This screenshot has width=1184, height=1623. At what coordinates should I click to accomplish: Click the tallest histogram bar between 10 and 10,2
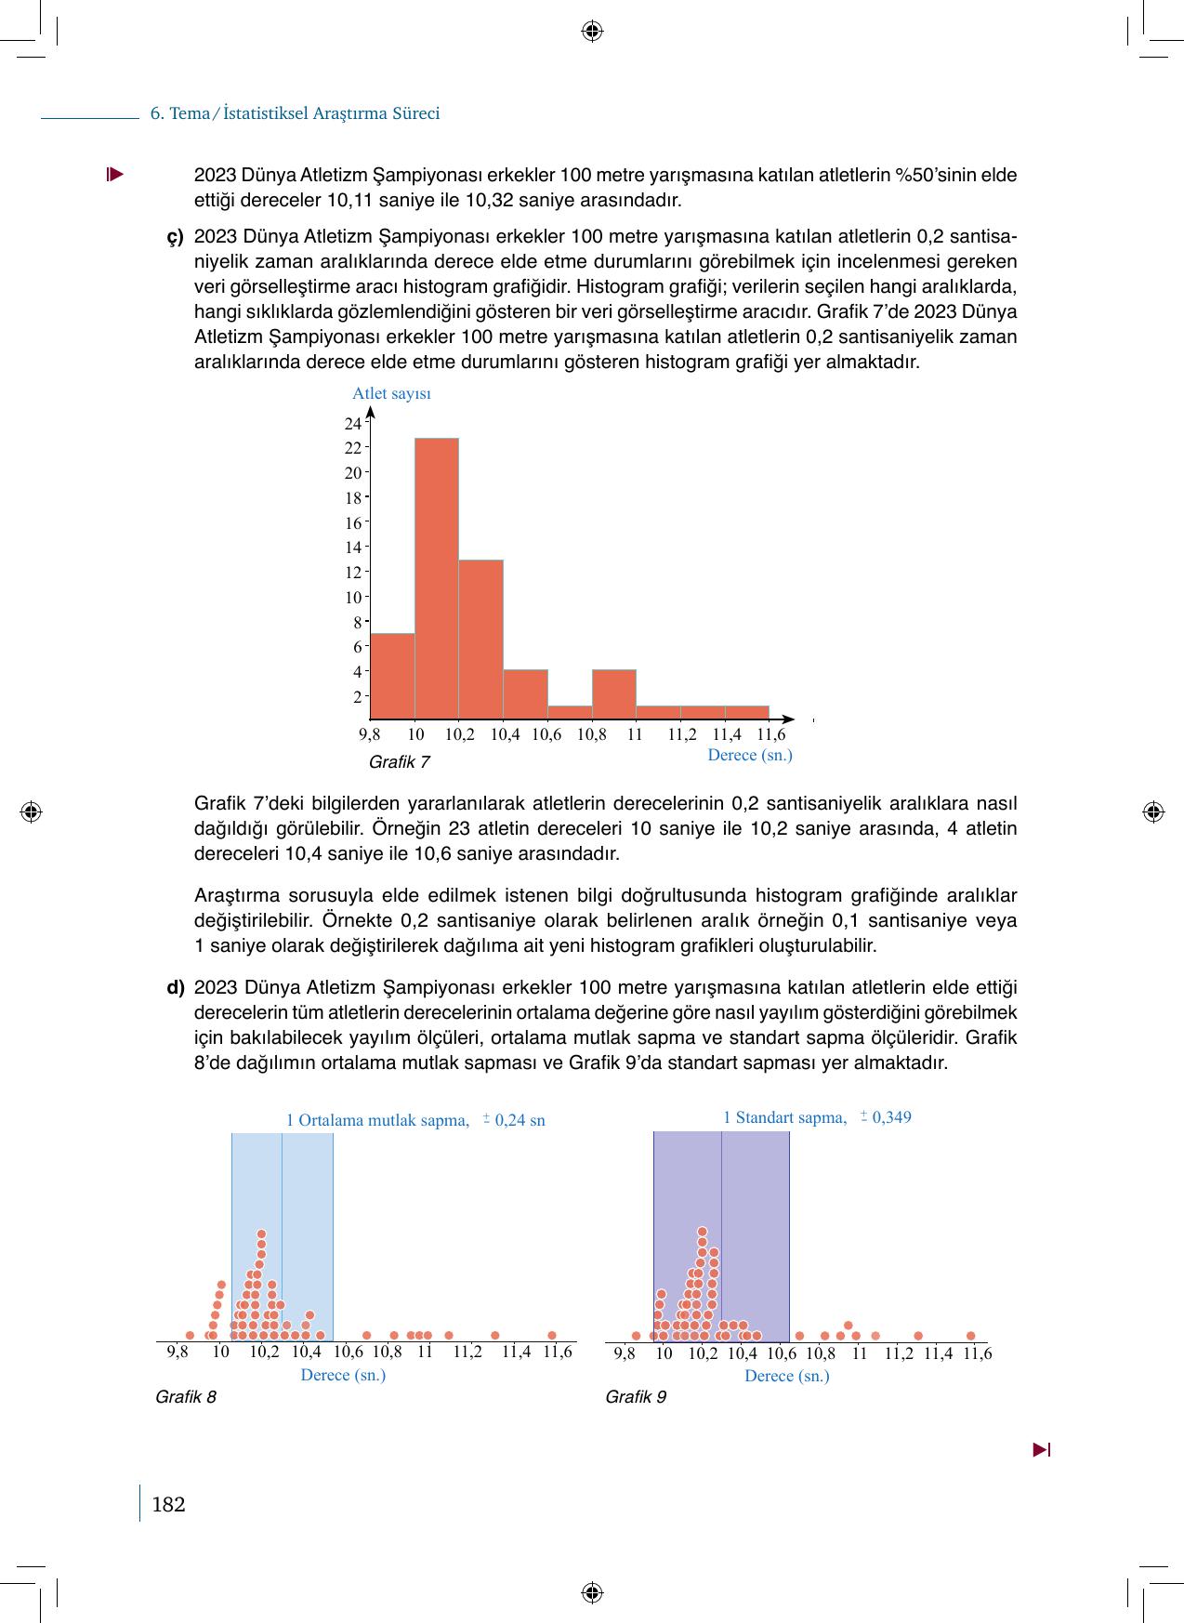point(436,576)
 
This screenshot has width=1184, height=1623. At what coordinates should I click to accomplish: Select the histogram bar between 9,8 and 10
point(392,676)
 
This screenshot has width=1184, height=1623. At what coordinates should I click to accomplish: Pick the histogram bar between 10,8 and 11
point(613,693)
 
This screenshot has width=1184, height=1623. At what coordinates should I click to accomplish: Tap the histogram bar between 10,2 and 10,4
point(480,639)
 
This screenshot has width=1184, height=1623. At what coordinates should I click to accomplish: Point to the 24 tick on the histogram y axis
point(352,424)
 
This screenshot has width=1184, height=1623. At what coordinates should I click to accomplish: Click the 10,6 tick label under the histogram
point(546,734)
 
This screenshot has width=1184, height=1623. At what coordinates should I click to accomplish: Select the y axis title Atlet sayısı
point(391,393)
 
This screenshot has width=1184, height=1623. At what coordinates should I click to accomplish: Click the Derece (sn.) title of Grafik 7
point(749,755)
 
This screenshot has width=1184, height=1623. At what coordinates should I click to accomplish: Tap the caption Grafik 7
point(399,762)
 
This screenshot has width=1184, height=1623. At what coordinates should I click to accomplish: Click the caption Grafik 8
point(186,1397)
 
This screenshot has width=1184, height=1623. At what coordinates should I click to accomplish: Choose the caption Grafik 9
point(636,1397)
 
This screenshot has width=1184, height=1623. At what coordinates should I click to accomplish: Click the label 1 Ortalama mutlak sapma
point(377,1120)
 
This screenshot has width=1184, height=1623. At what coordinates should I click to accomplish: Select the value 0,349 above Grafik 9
point(891,1117)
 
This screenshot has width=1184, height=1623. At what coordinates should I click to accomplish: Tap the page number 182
point(168,1504)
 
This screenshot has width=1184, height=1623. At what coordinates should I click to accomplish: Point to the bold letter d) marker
point(176,987)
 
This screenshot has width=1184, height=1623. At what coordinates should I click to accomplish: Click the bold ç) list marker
point(176,236)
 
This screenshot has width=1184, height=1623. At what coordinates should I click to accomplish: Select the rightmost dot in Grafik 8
point(551,1336)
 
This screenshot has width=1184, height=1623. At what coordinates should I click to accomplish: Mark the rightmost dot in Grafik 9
point(970,1336)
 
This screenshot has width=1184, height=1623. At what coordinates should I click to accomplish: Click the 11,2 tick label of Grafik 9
point(898,1353)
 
